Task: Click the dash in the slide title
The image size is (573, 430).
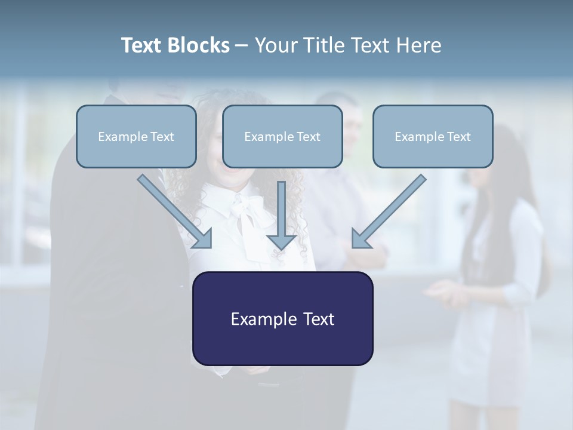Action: (242, 46)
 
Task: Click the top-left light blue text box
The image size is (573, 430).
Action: (136, 136)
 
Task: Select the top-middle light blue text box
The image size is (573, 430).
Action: (282, 136)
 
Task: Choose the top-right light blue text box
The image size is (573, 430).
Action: (433, 136)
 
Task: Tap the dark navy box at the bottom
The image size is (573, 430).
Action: (282, 318)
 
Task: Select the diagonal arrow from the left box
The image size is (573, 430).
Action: (173, 210)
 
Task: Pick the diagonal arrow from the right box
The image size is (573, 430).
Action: (390, 210)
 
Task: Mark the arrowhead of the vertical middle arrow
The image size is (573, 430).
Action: (282, 241)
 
